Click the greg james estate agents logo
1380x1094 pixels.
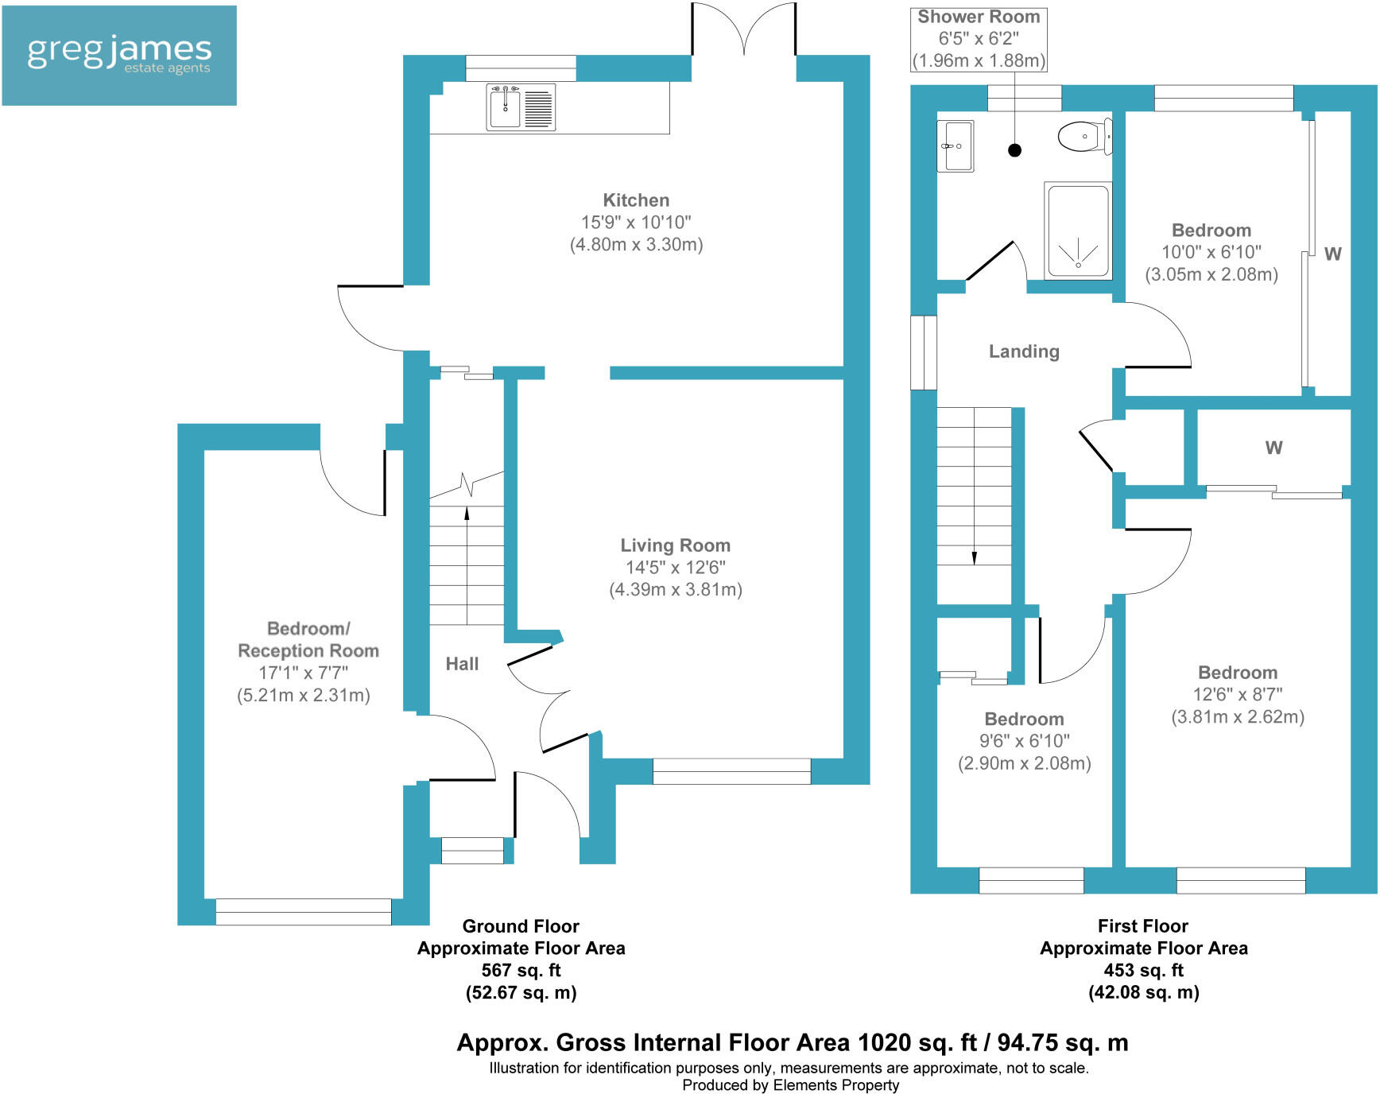click(119, 55)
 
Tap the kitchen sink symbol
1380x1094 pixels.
click(520, 107)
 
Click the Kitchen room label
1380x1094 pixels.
click(636, 200)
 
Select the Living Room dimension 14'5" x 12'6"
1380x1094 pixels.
click(675, 568)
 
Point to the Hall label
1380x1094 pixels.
click(462, 664)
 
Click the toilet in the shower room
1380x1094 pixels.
click(1084, 137)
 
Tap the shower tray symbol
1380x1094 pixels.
click(1078, 231)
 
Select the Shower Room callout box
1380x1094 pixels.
click(979, 39)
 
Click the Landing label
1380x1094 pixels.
click(1024, 351)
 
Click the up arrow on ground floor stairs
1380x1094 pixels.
click(467, 513)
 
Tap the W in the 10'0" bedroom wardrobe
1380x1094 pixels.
click(1332, 254)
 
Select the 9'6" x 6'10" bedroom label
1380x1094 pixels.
click(1024, 720)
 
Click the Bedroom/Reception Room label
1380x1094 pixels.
click(308, 640)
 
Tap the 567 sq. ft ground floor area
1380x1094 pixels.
click(521, 971)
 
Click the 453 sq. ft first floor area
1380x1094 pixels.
click(1143, 971)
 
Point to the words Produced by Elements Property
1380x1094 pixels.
click(790, 1085)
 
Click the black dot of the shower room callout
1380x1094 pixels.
click(1014, 149)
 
